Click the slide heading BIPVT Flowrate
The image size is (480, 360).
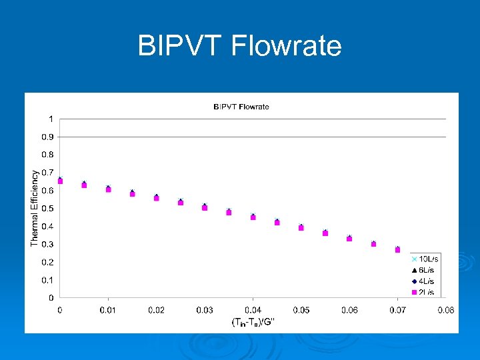point(239,46)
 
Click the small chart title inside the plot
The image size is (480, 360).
point(241,107)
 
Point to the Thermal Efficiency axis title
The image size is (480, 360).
point(35,207)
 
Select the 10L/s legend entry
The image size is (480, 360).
point(424,259)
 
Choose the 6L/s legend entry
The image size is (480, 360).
point(424,269)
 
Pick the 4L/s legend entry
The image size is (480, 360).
point(424,281)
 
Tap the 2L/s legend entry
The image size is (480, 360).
point(424,291)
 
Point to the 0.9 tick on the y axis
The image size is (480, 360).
point(48,137)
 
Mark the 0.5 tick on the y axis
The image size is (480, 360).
point(48,209)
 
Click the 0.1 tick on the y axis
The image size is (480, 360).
point(48,280)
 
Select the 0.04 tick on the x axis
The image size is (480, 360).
point(253,310)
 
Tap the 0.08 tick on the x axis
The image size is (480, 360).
point(445,310)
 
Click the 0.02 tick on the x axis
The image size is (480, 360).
point(156,310)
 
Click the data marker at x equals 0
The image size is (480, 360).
point(60,181)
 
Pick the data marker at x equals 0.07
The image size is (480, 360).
point(397,249)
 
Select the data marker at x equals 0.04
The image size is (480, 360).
point(253,217)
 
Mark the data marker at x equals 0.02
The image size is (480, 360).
point(157,197)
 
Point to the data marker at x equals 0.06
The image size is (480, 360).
point(349,238)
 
